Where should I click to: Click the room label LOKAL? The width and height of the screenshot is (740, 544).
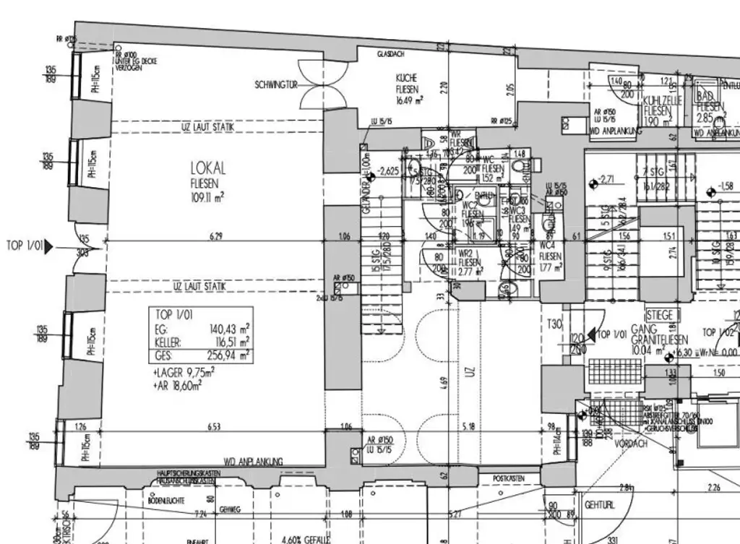click(208, 169)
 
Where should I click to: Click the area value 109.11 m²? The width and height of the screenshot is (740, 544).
click(207, 195)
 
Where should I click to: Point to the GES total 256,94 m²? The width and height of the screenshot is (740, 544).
click(229, 355)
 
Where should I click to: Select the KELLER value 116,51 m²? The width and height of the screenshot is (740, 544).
click(229, 342)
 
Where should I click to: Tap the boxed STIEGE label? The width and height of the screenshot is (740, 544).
click(660, 316)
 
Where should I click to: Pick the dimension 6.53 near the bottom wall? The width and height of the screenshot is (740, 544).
click(214, 428)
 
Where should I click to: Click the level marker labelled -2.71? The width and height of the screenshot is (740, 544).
click(603, 181)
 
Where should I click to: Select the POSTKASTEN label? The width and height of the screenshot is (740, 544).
click(507, 478)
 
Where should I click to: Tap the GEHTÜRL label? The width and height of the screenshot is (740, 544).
click(600, 506)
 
